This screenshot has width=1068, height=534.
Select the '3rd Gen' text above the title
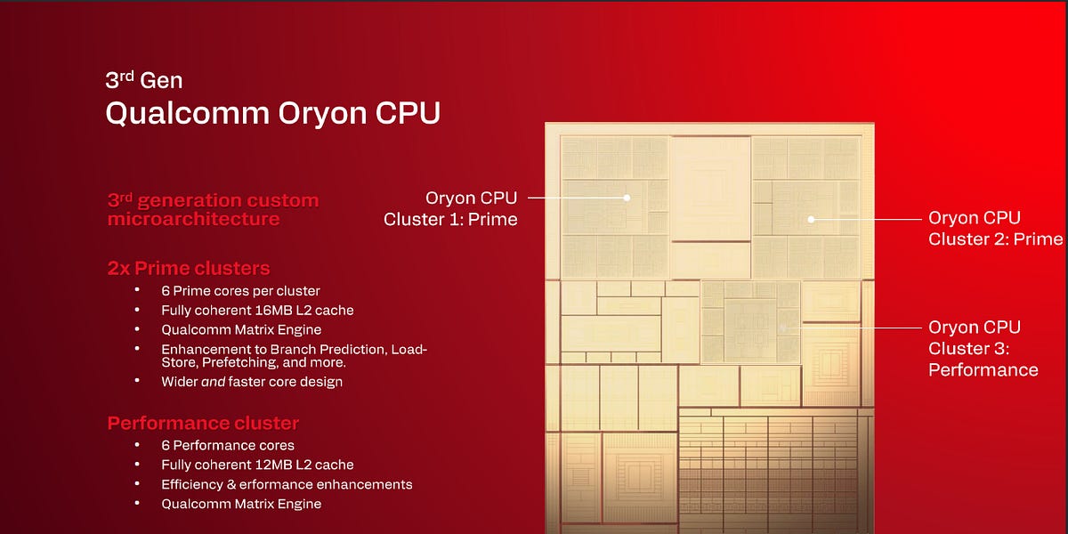pos(143,80)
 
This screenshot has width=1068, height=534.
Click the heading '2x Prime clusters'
pos(189,268)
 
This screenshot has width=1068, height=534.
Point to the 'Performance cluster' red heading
pos(203,423)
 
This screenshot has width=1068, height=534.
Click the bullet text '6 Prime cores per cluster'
pos(240,291)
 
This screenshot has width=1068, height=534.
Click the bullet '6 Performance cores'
pos(228,445)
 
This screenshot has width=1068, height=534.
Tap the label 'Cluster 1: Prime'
pos(450,219)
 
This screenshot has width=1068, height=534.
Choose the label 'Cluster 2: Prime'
pos(995,239)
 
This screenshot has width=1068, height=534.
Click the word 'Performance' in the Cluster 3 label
pos(983,369)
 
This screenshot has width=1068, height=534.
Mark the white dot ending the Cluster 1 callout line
pos(627,198)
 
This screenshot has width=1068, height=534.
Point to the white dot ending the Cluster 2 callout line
pos(811,218)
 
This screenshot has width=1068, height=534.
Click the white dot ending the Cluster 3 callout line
pos(783,328)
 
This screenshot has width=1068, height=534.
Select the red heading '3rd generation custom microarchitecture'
pos(213,209)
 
